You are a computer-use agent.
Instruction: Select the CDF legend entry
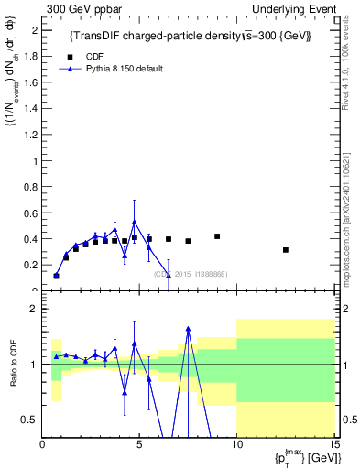pos(83,55)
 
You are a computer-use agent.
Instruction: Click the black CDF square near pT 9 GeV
pos(217,236)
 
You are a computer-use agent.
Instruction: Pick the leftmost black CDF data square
pos(57,276)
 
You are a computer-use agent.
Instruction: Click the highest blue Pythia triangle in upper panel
pos(135,222)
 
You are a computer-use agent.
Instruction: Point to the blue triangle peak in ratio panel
pos(188,329)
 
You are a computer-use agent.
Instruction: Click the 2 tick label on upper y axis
pos(34,30)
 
